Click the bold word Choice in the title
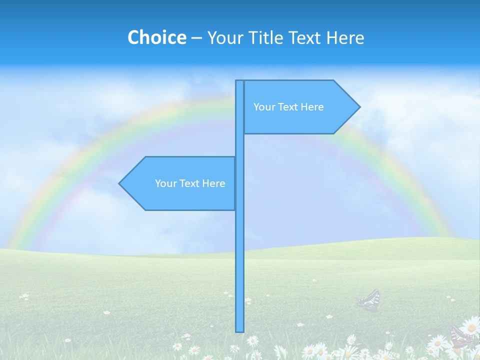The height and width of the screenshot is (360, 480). (x=156, y=37)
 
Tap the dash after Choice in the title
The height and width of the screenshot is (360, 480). (x=196, y=38)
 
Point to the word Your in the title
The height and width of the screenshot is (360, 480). (x=225, y=37)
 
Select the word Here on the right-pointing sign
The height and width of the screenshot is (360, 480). (x=311, y=107)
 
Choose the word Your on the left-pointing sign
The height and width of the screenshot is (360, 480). (x=165, y=183)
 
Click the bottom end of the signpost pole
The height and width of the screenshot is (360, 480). (x=240, y=330)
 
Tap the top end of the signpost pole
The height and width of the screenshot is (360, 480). (x=239, y=82)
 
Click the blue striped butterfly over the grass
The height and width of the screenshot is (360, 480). (x=369, y=300)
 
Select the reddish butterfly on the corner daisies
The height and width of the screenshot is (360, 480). (x=461, y=336)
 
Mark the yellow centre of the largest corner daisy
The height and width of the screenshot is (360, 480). (x=471, y=327)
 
